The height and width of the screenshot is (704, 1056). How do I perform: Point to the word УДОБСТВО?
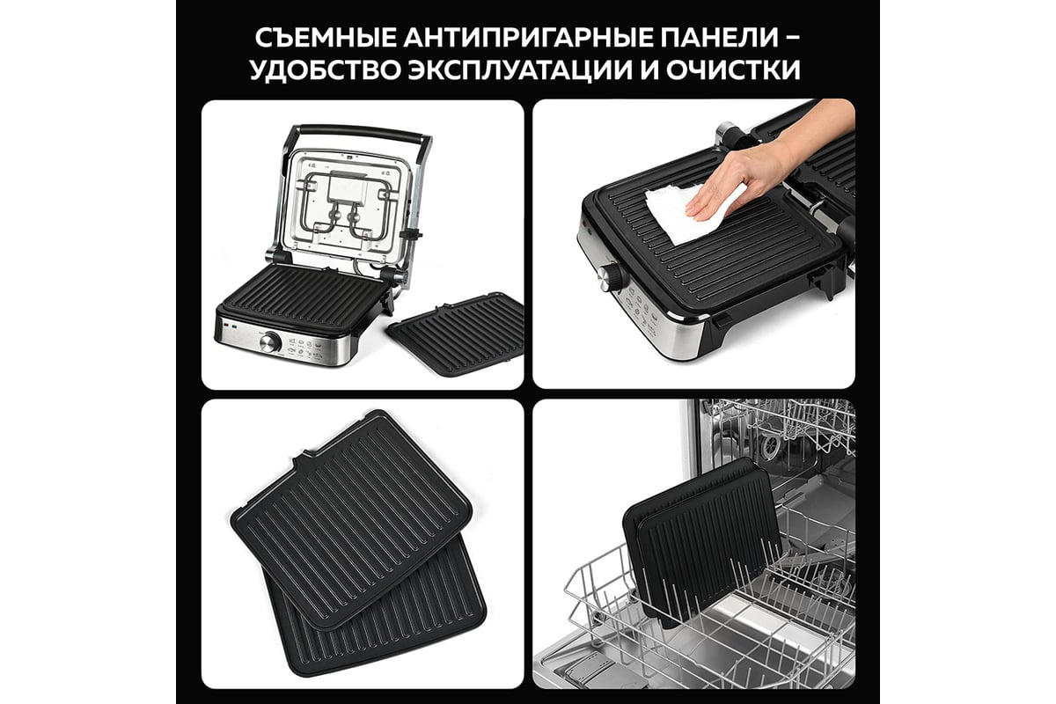(x=326, y=70)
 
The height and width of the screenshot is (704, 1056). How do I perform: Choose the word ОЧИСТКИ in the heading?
(x=733, y=70)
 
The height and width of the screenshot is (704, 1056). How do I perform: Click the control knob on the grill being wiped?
(x=611, y=278)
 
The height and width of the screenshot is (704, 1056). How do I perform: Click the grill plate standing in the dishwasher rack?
(x=702, y=542)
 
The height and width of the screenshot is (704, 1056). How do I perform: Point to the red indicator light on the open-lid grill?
(x=226, y=325)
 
